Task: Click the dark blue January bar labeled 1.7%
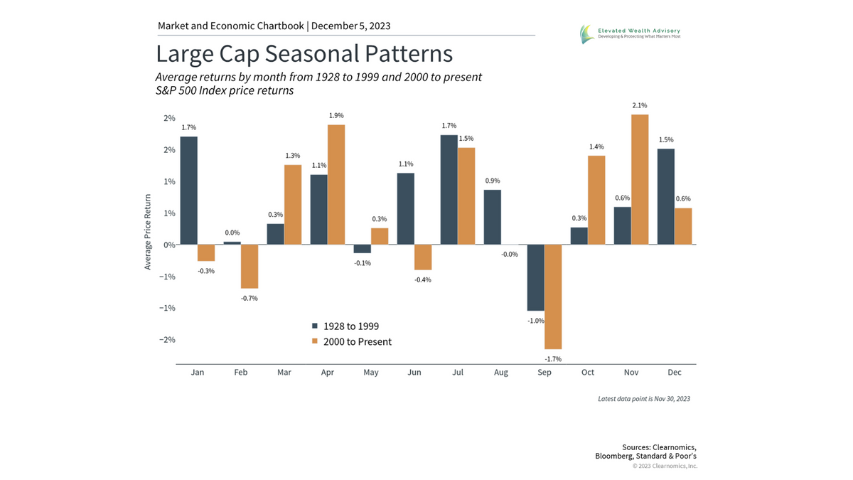(188, 191)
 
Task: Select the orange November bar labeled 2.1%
(640, 179)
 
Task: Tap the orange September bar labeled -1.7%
(553, 296)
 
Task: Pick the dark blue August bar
(493, 217)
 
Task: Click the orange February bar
(249, 266)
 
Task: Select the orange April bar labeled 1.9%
(336, 185)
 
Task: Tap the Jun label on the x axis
(414, 373)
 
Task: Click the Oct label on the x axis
(588, 373)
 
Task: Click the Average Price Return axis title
(149, 233)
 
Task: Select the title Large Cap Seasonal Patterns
(304, 55)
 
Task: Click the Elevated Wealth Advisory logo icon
(586, 33)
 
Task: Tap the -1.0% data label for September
(535, 321)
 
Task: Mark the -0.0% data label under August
(491, 254)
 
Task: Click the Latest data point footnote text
(644, 399)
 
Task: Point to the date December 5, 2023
(351, 26)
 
